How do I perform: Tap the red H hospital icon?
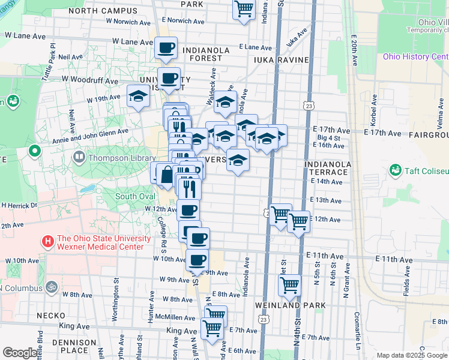[x=48, y=242]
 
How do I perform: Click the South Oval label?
[x=134, y=196]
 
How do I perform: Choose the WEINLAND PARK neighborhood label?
[x=282, y=305]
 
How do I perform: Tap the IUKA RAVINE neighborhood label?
[x=281, y=60]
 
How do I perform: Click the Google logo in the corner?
[x=19, y=353]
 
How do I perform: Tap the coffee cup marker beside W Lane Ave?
[x=166, y=47]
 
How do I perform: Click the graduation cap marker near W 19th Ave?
[x=138, y=96]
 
